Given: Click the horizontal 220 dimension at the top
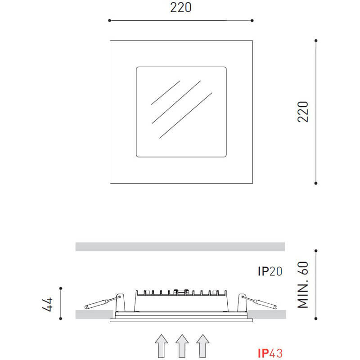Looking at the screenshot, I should coord(180,8).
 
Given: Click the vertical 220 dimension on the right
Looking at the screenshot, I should coord(303,112).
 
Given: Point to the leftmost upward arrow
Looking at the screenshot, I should coord(161,346).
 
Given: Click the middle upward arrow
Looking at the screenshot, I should coord(181,346).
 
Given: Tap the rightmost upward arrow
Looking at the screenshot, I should coord(202,346).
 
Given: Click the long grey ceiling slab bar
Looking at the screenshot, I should coord(180,247).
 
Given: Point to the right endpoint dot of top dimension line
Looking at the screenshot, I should coord(252,20).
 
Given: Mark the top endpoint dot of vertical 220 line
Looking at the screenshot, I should coord(316,41).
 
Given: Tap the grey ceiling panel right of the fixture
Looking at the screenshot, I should coord(266,313).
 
